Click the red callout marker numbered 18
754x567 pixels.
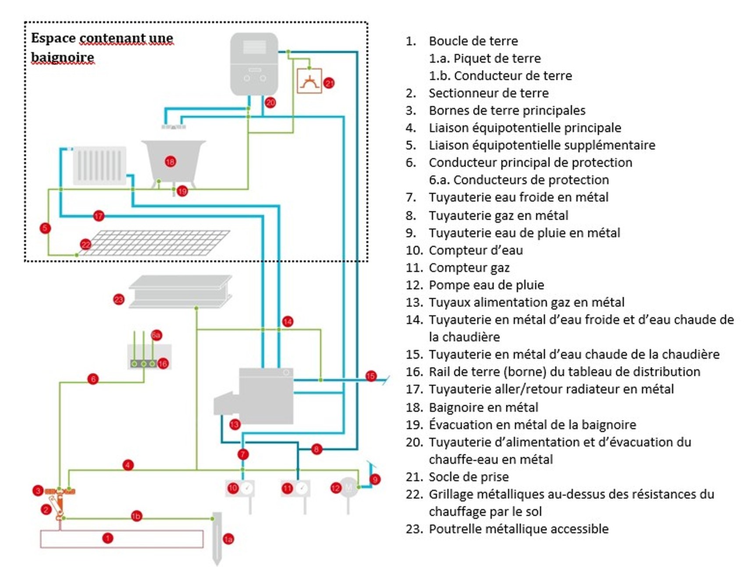click(170, 161)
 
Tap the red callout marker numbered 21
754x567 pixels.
click(329, 83)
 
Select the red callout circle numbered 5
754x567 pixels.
click(45, 228)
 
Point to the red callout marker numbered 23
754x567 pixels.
click(119, 300)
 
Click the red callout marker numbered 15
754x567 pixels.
click(371, 376)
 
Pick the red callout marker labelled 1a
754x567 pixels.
click(228, 539)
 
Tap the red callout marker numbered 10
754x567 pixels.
click(233, 488)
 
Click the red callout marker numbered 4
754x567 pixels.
click(128, 465)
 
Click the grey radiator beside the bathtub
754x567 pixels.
click(100, 166)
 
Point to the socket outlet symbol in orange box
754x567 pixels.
click(309, 81)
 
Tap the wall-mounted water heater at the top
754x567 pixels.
click(254, 64)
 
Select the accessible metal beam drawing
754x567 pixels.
click(180, 291)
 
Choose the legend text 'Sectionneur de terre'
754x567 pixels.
click(488, 93)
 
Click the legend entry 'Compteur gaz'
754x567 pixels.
click(469, 267)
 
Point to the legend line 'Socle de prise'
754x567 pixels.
click(469, 477)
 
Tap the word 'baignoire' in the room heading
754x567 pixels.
click(62, 57)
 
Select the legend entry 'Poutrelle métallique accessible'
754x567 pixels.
click(518, 529)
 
